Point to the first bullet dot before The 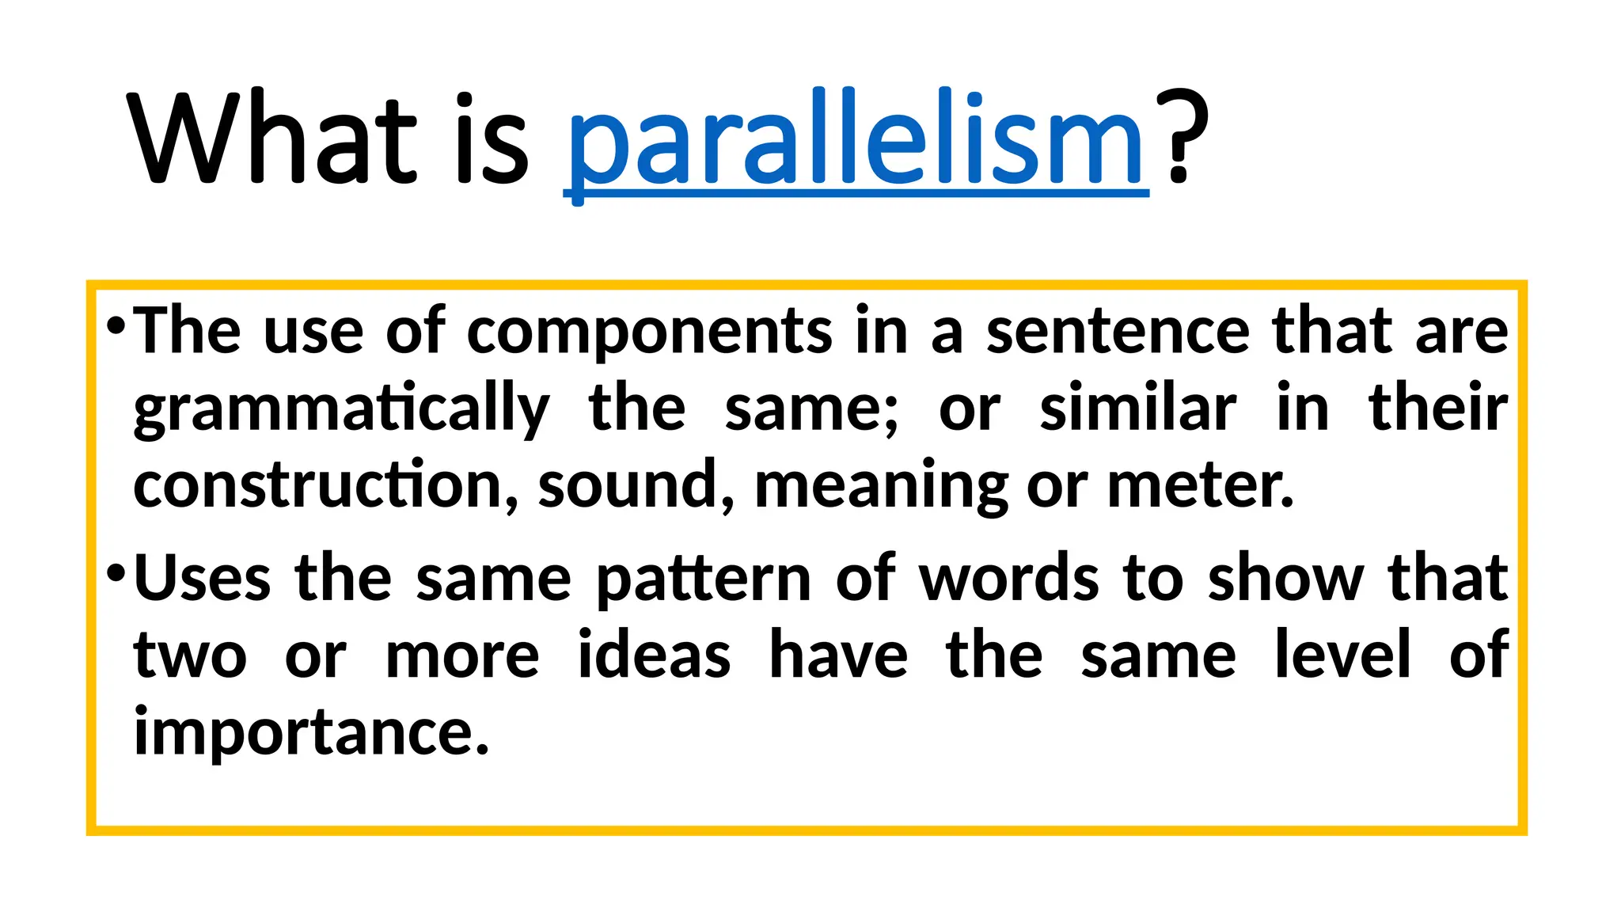point(116,325)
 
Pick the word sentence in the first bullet point(1118,331)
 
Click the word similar point(1137,408)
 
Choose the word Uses point(203,578)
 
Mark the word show point(1285,578)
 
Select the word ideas point(654,655)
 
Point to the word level point(1342,654)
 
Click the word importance point(311,733)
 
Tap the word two point(190,655)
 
